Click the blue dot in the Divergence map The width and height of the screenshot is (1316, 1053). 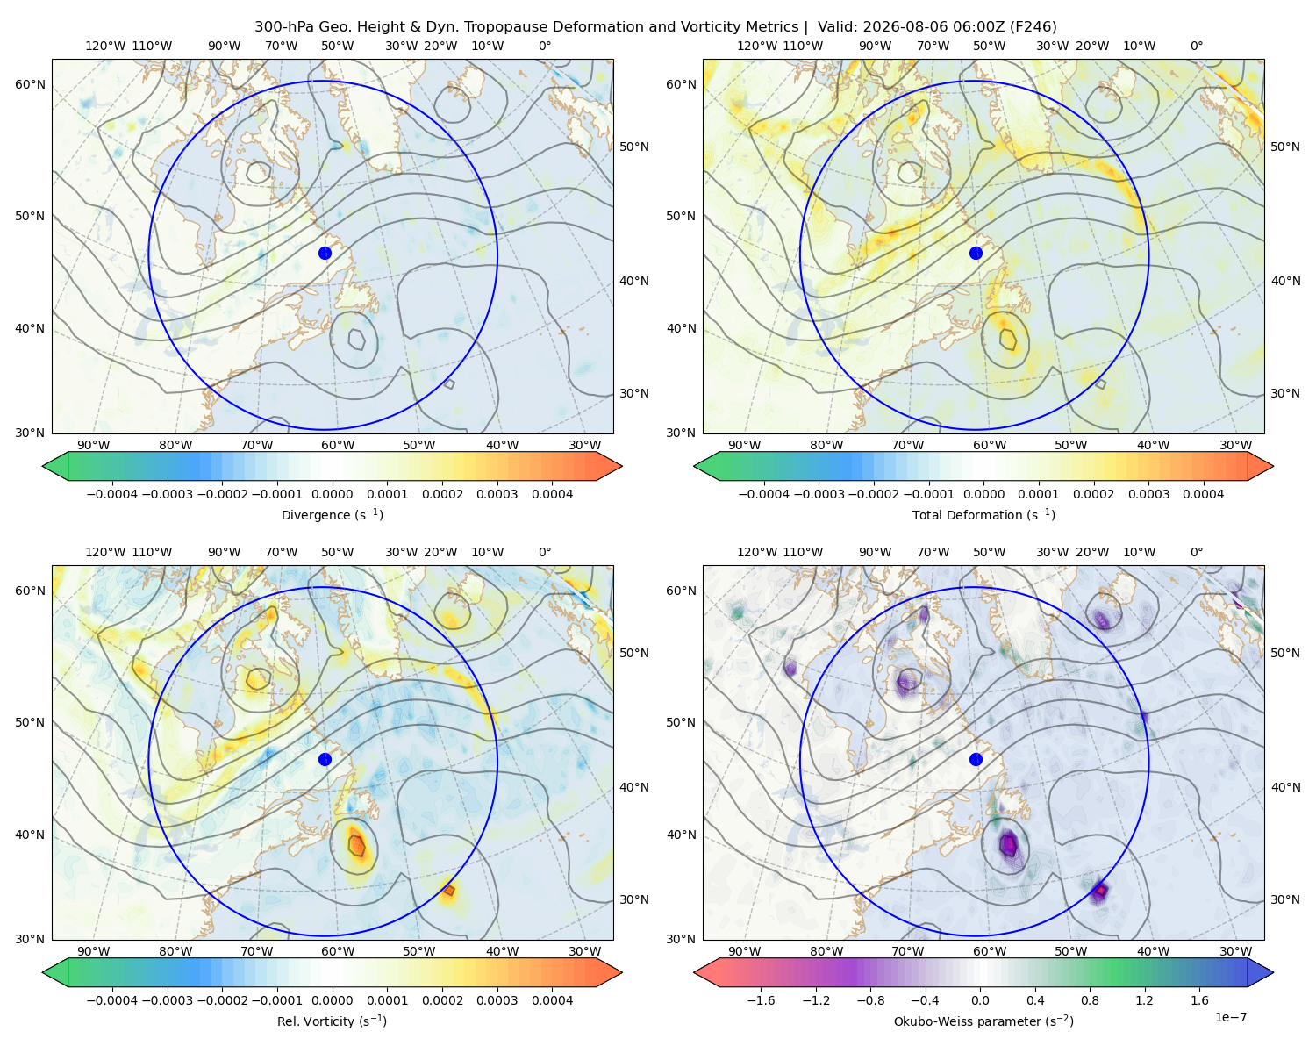tap(325, 254)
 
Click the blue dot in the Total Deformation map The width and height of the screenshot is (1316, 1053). tap(976, 254)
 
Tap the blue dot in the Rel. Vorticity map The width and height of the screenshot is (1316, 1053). tap(325, 759)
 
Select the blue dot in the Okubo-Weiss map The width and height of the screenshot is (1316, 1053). tap(976, 759)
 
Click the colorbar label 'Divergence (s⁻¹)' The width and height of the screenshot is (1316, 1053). tap(332, 515)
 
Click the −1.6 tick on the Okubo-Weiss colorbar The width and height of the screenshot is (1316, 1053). tap(761, 1000)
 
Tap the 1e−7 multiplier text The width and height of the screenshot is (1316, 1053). tap(1230, 1017)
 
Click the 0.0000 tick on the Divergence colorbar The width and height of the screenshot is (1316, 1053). tap(332, 494)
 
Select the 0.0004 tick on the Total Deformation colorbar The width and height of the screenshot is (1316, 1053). tap(1204, 494)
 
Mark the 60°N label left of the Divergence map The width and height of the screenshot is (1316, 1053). tap(30, 84)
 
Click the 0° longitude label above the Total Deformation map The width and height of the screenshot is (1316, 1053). tap(1196, 46)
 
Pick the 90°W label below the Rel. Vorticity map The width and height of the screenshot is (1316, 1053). tap(94, 951)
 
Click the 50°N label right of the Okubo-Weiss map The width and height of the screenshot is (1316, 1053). tap(1285, 653)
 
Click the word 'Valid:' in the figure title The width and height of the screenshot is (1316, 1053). tap(837, 27)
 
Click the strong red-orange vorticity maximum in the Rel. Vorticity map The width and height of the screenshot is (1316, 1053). tap(356, 845)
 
